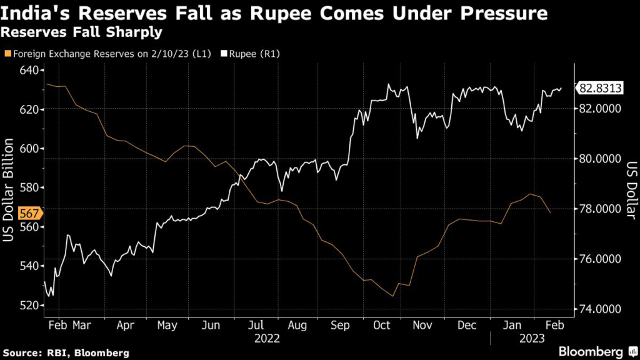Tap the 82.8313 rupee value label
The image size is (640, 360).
point(600,88)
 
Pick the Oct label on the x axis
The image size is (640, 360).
point(381,325)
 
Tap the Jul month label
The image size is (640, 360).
point(254,325)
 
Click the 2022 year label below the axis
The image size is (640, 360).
point(266,338)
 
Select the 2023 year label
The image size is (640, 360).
point(532,338)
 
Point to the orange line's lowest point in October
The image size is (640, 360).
point(392,296)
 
